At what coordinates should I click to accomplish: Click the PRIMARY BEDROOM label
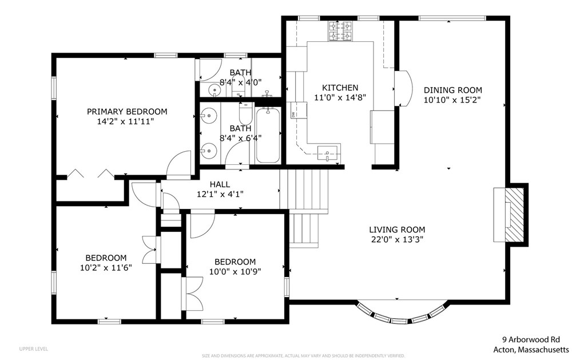click(x=126, y=112)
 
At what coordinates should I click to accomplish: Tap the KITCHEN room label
click(x=340, y=88)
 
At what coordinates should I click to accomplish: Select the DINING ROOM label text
click(x=452, y=90)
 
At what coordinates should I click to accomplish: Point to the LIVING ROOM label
click(x=397, y=230)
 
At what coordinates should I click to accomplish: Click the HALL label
click(x=220, y=184)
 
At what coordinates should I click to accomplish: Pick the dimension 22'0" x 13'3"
click(x=397, y=240)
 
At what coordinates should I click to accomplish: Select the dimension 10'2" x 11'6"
click(x=106, y=267)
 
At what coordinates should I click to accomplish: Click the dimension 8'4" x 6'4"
click(x=240, y=138)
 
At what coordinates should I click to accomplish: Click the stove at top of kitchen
click(x=341, y=31)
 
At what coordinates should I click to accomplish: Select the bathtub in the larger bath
click(x=267, y=136)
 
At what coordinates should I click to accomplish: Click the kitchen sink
click(x=328, y=152)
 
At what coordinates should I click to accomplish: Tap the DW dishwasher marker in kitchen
click(x=293, y=114)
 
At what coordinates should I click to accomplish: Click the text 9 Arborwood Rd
click(x=532, y=339)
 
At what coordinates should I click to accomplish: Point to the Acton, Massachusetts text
click(x=531, y=349)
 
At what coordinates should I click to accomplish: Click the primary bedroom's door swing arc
click(x=180, y=163)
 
